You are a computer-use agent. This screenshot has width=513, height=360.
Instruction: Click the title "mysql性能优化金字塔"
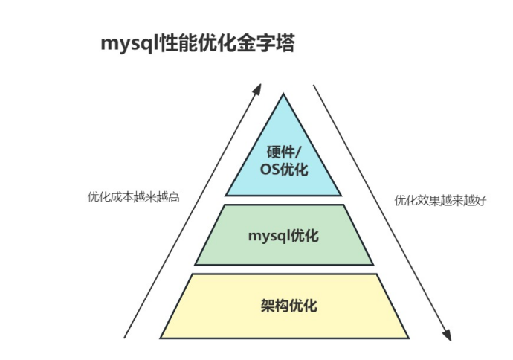(198, 44)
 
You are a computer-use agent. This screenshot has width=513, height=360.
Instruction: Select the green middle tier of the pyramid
(284, 235)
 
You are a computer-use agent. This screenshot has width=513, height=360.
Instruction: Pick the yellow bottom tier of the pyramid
(284, 306)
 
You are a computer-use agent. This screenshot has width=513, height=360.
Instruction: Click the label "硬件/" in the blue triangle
(284, 152)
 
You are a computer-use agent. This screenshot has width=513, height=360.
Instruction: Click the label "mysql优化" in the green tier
(283, 236)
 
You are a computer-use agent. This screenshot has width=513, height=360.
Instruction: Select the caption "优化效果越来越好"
(440, 200)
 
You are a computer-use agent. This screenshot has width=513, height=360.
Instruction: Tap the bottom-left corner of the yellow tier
(161, 337)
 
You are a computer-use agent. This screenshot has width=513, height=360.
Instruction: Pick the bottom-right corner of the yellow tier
(407, 337)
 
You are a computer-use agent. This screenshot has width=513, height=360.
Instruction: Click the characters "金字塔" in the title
(271, 44)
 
